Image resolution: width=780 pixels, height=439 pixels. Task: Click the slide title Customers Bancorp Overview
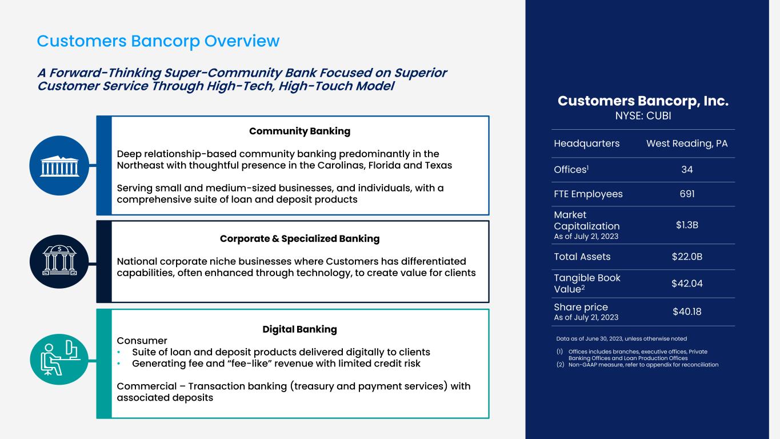point(158,41)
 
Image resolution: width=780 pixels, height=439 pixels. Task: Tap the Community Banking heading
point(300,131)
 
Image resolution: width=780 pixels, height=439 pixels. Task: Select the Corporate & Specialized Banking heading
point(300,239)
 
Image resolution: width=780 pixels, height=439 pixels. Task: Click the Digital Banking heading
point(300,329)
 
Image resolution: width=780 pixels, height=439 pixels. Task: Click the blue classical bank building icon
point(59,166)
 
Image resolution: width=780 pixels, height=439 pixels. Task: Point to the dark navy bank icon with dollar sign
point(59,262)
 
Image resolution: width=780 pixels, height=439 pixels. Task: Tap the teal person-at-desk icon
point(59,359)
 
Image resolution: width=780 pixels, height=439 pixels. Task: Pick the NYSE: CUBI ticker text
point(643,115)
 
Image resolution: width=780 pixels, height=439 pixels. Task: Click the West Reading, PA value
point(687,143)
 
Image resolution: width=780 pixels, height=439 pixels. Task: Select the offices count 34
point(687,170)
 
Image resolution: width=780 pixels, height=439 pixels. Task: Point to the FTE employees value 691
point(687,194)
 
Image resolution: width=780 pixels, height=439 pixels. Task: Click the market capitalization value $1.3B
point(687,225)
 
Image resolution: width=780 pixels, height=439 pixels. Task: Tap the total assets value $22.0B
point(687,257)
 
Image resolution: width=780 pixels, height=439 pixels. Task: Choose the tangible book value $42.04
point(687,284)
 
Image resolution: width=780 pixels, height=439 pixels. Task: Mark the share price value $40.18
point(687,312)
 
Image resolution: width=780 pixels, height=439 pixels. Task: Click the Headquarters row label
point(587,143)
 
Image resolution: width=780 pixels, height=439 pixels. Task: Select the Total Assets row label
point(582,257)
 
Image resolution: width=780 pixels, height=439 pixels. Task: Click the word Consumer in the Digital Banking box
point(142,341)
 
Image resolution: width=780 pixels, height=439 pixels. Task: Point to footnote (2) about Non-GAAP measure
point(637,365)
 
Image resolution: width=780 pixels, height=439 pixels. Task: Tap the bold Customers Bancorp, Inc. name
point(643,101)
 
